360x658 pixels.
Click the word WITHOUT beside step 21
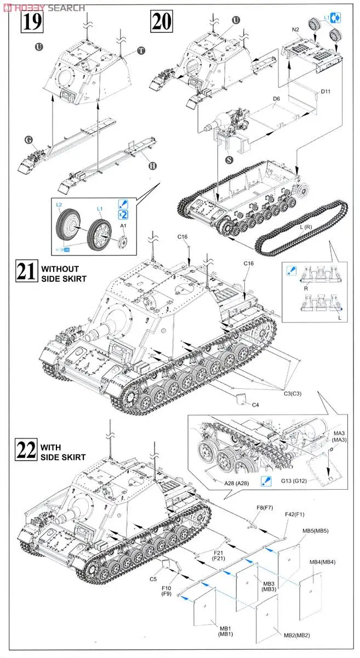point(60,269)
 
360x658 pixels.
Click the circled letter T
point(141,50)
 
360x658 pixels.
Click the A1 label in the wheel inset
point(123,225)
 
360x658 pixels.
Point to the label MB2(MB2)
point(296,635)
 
